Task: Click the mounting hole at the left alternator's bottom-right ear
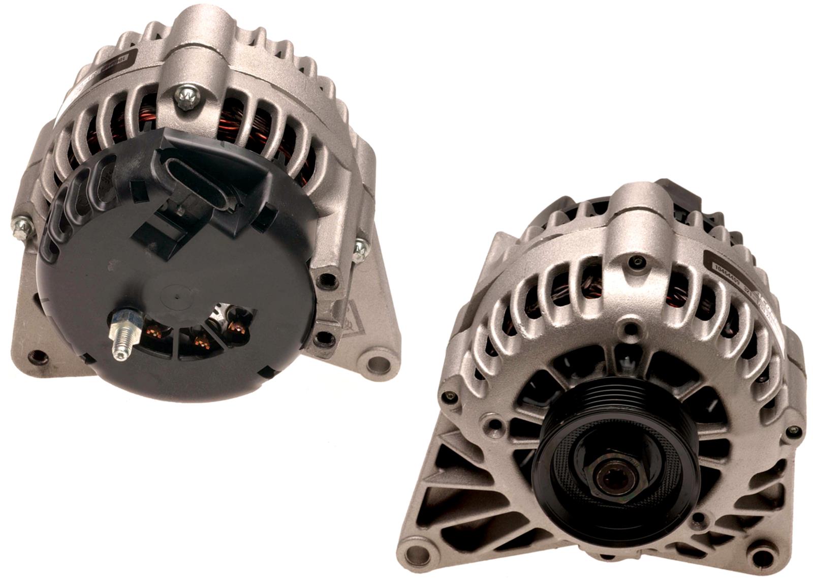click(x=378, y=363)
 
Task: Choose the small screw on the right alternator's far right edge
click(x=794, y=431)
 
